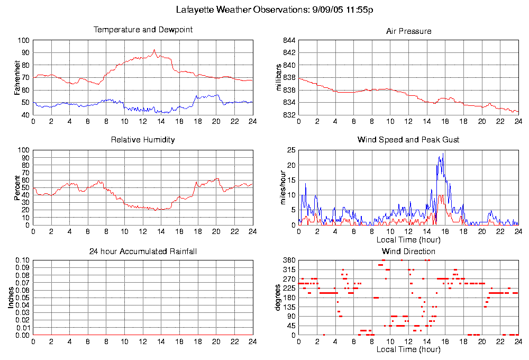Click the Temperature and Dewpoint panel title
tap(143, 30)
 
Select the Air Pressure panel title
tap(408, 31)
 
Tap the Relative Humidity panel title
tap(143, 140)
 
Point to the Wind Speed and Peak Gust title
tap(408, 140)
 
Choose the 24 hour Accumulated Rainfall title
tap(143, 251)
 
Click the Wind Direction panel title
tap(408, 251)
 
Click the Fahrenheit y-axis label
tap(17, 78)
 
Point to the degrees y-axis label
tap(279, 298)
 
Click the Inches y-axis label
tap(11, 298)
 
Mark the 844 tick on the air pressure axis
tap(288, 40)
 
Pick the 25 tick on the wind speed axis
tap(290, 150)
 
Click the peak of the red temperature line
tap(154, 50)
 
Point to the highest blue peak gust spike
tap(443, 154)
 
